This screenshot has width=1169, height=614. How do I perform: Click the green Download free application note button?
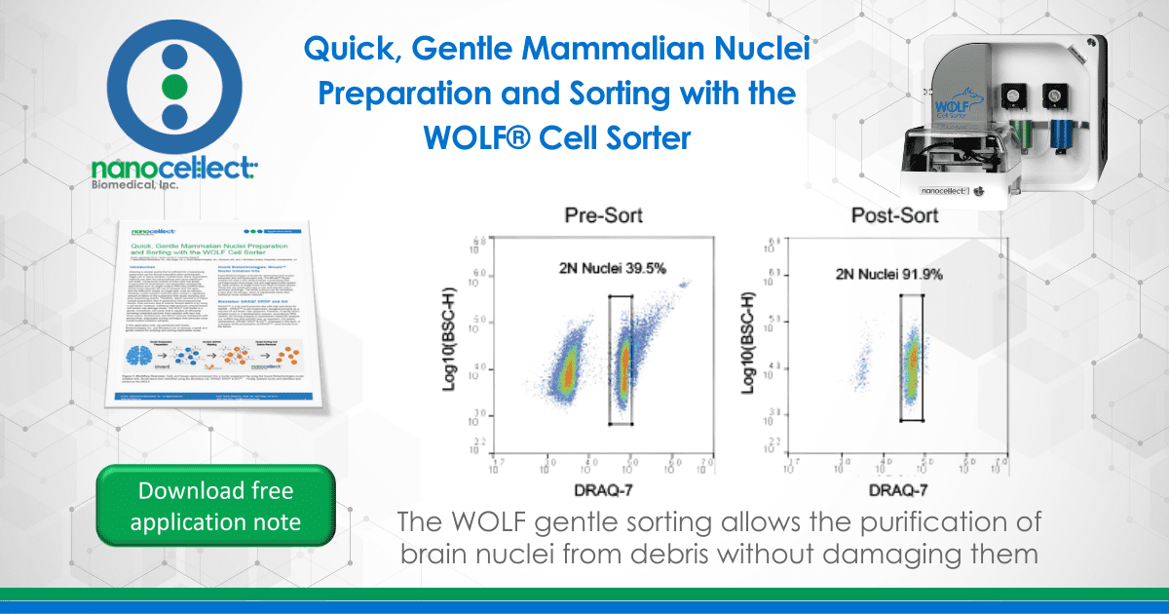[x=216, y=506]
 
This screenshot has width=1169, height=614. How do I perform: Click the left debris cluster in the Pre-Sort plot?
[x=564, y=370]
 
